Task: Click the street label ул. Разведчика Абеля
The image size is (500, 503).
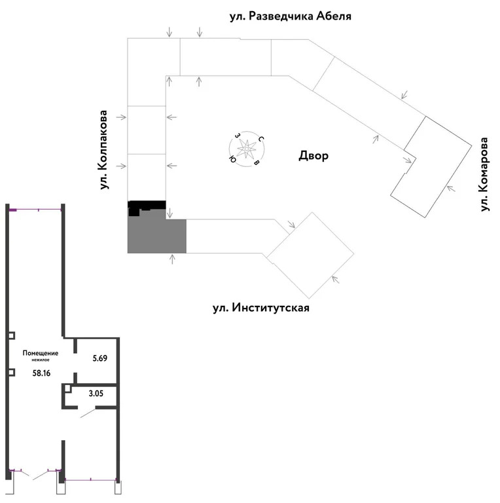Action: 291,16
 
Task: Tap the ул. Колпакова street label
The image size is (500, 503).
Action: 103,150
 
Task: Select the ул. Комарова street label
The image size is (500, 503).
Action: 484,174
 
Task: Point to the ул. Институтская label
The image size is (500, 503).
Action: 261,308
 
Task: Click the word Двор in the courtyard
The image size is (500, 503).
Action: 313,156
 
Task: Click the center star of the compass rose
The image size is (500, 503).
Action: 247,149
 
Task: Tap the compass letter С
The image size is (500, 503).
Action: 261,139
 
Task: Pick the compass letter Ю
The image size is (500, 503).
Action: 232,158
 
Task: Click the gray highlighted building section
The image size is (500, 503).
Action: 156,233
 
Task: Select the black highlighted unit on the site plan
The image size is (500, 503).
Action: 147,205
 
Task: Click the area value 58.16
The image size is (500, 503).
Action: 42,373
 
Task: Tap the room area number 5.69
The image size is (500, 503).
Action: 100,358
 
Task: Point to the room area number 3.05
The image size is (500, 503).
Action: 96,393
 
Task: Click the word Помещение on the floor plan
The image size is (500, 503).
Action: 41,353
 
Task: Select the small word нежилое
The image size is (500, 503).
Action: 41,360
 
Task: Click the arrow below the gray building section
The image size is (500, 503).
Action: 172,259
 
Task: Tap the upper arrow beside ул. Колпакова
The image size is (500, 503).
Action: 121,117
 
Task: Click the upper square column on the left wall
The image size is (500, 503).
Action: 12,336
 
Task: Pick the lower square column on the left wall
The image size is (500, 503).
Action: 12,373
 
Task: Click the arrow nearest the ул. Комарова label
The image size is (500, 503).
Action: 451,189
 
